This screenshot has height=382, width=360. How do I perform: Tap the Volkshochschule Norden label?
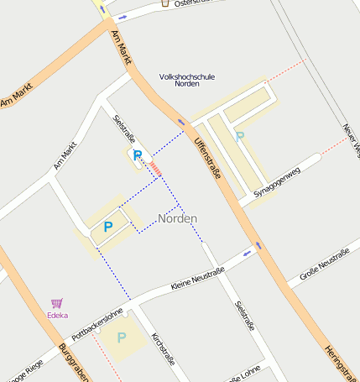(187, 81)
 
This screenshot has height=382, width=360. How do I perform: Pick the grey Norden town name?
(178, 218)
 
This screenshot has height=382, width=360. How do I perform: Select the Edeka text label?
(58, 316)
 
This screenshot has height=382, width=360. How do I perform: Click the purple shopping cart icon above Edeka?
(57, 303)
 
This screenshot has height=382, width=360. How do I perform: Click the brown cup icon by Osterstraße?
(164, 3)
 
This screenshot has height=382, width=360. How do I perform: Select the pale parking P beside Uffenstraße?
(240, 136)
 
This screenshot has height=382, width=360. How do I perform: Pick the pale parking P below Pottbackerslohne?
(122, 338)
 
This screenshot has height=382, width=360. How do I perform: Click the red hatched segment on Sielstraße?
(156, 169)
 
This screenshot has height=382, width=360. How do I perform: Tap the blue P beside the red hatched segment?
(138, 155)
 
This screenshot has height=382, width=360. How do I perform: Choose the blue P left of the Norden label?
(107, 227)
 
